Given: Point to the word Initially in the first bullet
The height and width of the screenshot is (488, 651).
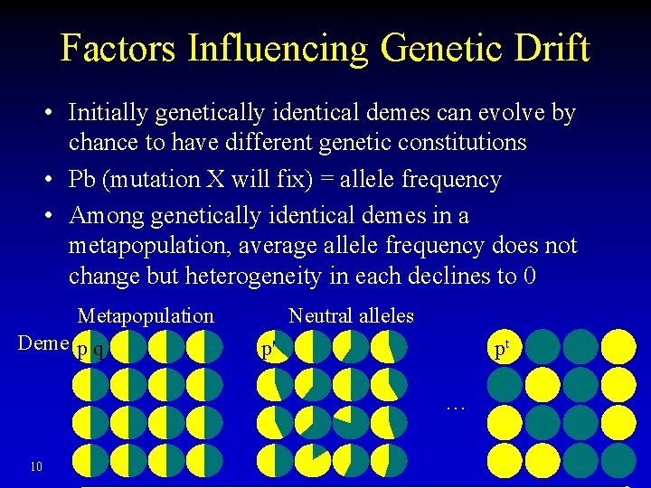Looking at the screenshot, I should point(108,113).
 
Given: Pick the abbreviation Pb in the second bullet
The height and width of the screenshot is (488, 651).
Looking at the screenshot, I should point(84,179).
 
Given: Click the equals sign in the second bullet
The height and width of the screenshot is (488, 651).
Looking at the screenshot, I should point(325,180).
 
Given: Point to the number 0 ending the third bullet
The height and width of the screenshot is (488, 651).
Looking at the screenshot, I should point(531,275).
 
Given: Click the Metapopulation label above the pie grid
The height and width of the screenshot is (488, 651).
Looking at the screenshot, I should point(146,315).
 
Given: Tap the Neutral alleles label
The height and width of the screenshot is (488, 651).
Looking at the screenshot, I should point(351,315).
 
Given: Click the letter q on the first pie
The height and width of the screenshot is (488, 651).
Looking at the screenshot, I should point(98,350).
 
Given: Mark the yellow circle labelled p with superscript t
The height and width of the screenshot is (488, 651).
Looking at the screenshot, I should point(504,348).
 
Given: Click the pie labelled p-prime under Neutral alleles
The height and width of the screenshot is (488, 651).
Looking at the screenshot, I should point(273,347).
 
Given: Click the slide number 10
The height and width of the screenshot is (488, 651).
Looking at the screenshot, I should point(36,466).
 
